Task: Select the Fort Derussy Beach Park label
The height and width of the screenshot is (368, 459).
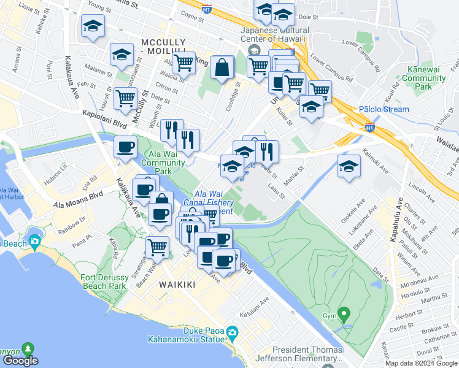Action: coord(103,282)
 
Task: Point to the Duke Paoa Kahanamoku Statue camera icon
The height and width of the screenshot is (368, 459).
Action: coord(232,333)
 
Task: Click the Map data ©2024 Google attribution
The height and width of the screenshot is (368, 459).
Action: coord(422,363)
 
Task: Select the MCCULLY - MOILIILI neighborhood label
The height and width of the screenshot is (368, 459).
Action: coord(163,47)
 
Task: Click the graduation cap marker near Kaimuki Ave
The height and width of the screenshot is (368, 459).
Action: coord(349,167)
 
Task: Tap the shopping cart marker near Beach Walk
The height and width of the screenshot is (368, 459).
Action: coord(158,247)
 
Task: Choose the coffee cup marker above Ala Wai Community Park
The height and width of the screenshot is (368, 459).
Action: coord(126,148)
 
